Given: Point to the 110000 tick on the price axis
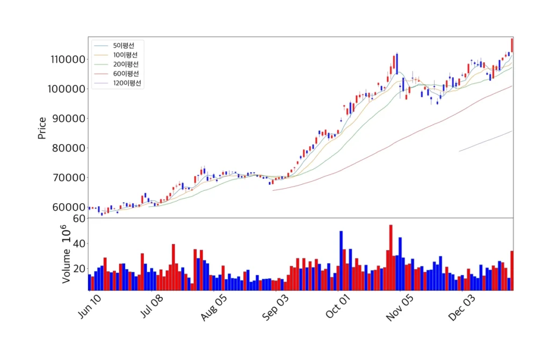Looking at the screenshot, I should coord(68,60).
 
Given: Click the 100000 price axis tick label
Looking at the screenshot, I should coord(68,89).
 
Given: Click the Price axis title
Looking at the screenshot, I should coord(42,128).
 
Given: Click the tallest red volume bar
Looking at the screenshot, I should coord(391,257).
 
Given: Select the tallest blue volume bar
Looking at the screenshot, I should coord(341,261).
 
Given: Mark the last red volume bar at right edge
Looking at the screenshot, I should coord(512,270).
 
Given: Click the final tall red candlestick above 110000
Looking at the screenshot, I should coord(512,45).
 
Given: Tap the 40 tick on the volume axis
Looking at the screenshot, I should coord(79,243).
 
